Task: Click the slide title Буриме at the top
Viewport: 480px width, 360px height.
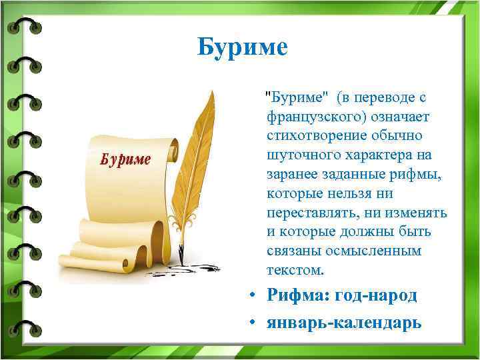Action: pyautogui.click(x=243, y=47)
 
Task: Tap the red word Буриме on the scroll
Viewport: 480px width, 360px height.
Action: pyautogui.click(x=126, y=160)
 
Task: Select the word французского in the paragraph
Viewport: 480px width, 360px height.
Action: pyautogui.click(x=307, y=117)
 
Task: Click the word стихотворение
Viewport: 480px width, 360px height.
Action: pyautogui.click(x=314, y=136)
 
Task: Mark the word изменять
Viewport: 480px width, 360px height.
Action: pyautogui.click(x=417, y=213)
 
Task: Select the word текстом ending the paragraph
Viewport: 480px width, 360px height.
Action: pyautogui.click(x=295, y=271)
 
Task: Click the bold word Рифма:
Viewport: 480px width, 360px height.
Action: pyautogui.click(x=297, y=295)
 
